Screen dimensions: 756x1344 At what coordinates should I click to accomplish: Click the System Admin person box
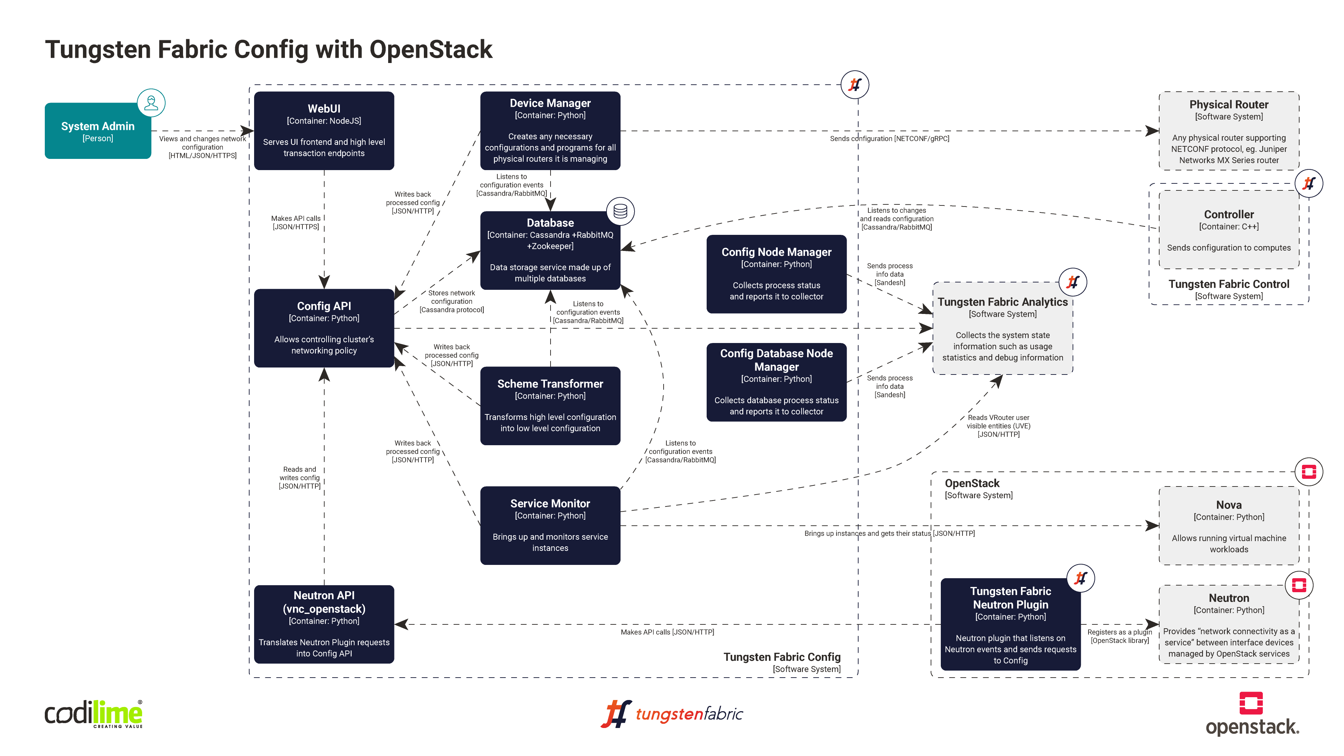pos(98,131)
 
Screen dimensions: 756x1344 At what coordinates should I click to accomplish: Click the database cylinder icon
pos(620,211)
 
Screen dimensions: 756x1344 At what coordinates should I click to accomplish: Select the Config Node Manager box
pos(776,274)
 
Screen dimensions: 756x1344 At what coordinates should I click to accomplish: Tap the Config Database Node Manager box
pos(776,381)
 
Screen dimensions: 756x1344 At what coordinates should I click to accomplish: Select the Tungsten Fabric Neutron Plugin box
pos(1010,624)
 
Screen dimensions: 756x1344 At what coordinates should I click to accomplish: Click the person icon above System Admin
pos(151,103)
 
